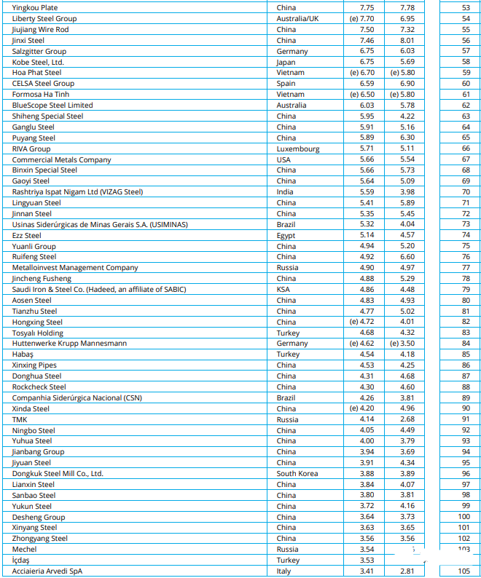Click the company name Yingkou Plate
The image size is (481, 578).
(35, 7)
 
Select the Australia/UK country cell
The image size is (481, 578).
(297, 18)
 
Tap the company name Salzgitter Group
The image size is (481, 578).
(39, 51)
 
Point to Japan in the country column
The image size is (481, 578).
(286, 62)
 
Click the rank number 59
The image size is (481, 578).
(466, 73)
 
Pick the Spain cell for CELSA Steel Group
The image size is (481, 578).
(286, 84)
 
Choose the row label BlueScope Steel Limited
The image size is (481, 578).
(52, 106)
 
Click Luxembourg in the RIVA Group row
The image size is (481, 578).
(297, 149)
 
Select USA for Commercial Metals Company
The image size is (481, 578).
(283, 159)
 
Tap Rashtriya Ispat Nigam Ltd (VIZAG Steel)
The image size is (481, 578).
(77, 192)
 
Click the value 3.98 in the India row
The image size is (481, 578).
(407, 192)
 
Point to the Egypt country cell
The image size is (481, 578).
(286, 235)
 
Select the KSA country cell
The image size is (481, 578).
(283, 290)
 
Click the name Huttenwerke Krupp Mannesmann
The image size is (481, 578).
(69, 344)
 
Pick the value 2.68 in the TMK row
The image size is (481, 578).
(407, 419)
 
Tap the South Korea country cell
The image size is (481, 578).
(297, 473)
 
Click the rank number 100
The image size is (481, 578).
(464, 517)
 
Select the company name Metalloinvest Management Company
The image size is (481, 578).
(74, 268)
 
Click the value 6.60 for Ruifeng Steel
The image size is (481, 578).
(407, 257)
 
